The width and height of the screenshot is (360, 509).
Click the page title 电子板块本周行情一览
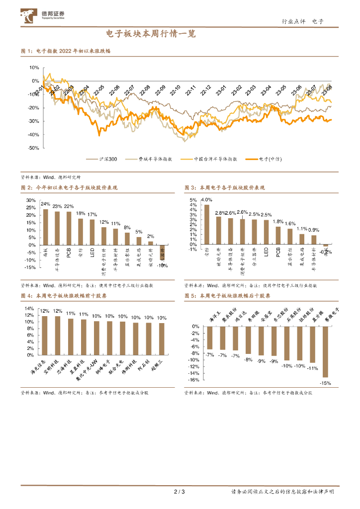tap(151, 34)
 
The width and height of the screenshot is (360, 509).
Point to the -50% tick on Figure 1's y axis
tap(34, 148)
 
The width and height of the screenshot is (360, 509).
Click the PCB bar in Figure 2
tap(69, 228)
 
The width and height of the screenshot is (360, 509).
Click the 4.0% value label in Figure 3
tap(206, 200)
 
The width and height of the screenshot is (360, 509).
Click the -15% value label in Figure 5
tap(326, 383)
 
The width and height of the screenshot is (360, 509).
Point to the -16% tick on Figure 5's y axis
tap(194, 380)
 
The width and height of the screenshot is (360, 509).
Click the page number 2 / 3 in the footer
tap(180, 492)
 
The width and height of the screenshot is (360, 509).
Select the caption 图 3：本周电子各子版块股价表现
tap(224, 188)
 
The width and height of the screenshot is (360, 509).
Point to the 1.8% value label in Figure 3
tap(278, 222)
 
